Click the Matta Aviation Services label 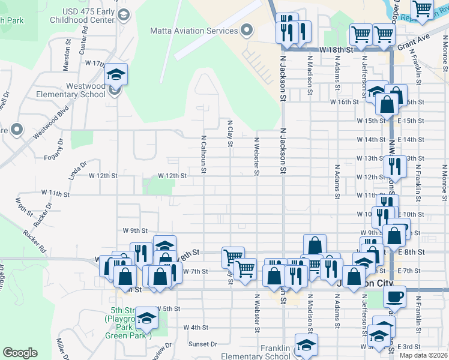(193, 31)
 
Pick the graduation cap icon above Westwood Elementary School (116, 74)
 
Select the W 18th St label (335, 49)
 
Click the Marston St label (66, 53)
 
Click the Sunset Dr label (202, 344)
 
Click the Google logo (20, 353)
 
